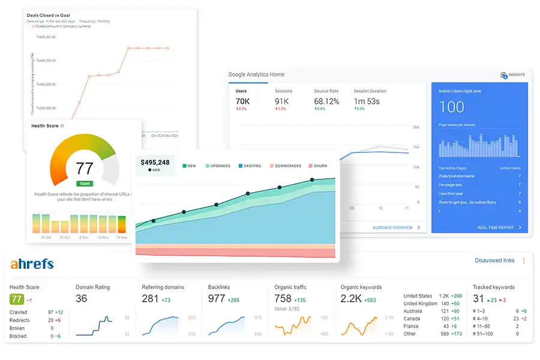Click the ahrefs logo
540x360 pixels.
[x=32, y=264]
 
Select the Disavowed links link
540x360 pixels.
[x=494, y=260]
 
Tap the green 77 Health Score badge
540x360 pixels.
[x=16, y=299]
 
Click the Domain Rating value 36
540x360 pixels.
[x=82, y=299]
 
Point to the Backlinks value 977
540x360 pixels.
[x=217, y=299]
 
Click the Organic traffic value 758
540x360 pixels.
[x=283, y=299]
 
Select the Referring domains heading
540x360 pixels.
[x=163, y=287]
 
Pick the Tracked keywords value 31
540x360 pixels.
[x=478, y=299]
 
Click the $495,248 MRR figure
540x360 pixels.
[x=155, y=162]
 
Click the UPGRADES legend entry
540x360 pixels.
[x=220, y=166]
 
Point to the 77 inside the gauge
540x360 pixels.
[x=85, y=167]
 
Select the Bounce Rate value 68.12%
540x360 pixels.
[x=326, y=101]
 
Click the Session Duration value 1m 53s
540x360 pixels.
[x=367, y=101]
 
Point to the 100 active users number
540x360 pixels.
[x=451, y=107]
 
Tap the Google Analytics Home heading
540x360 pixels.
[x=256, y=74]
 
